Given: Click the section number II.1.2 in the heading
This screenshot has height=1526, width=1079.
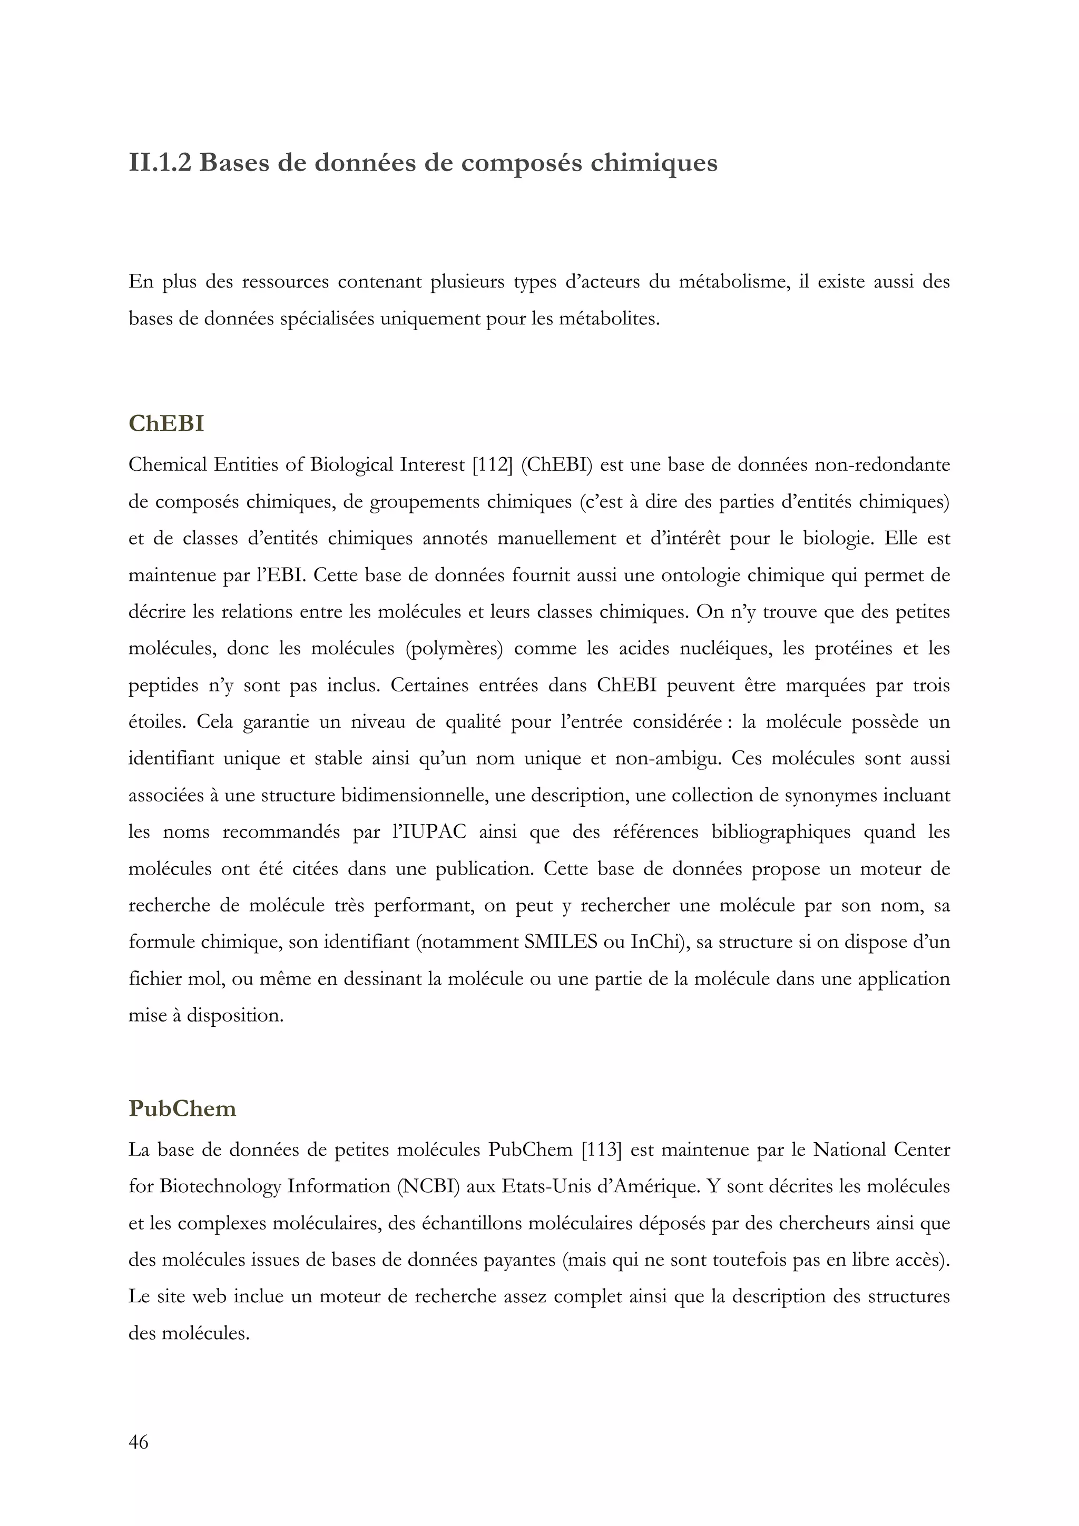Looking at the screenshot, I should [160, 163].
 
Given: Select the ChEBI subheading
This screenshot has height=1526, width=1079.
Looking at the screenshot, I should [166, 423].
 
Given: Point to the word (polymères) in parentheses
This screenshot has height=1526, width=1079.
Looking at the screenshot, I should [454, 648].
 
